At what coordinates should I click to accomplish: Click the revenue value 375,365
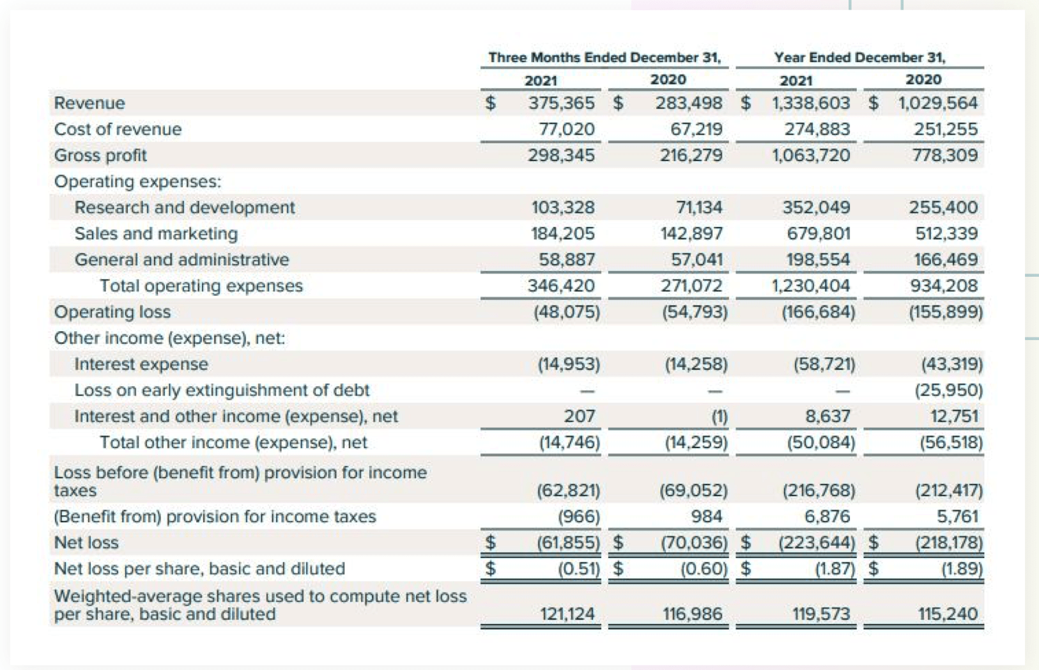561,103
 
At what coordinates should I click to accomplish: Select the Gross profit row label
100,155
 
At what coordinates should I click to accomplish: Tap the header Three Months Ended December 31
604,58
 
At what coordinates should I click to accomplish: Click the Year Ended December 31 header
859,58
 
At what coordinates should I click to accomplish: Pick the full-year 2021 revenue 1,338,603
811,103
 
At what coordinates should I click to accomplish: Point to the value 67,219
696,129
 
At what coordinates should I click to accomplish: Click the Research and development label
185,207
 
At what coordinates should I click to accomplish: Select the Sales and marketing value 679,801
819,233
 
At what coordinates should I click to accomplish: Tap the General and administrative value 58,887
567,260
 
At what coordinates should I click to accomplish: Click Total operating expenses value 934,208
944,286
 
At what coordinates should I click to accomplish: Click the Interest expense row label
141,364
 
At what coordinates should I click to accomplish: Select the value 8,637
827,416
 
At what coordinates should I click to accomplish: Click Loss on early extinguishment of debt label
222,390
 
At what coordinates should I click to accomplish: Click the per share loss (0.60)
704,568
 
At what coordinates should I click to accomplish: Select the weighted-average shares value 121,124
567,614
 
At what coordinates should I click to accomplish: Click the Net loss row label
86,543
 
